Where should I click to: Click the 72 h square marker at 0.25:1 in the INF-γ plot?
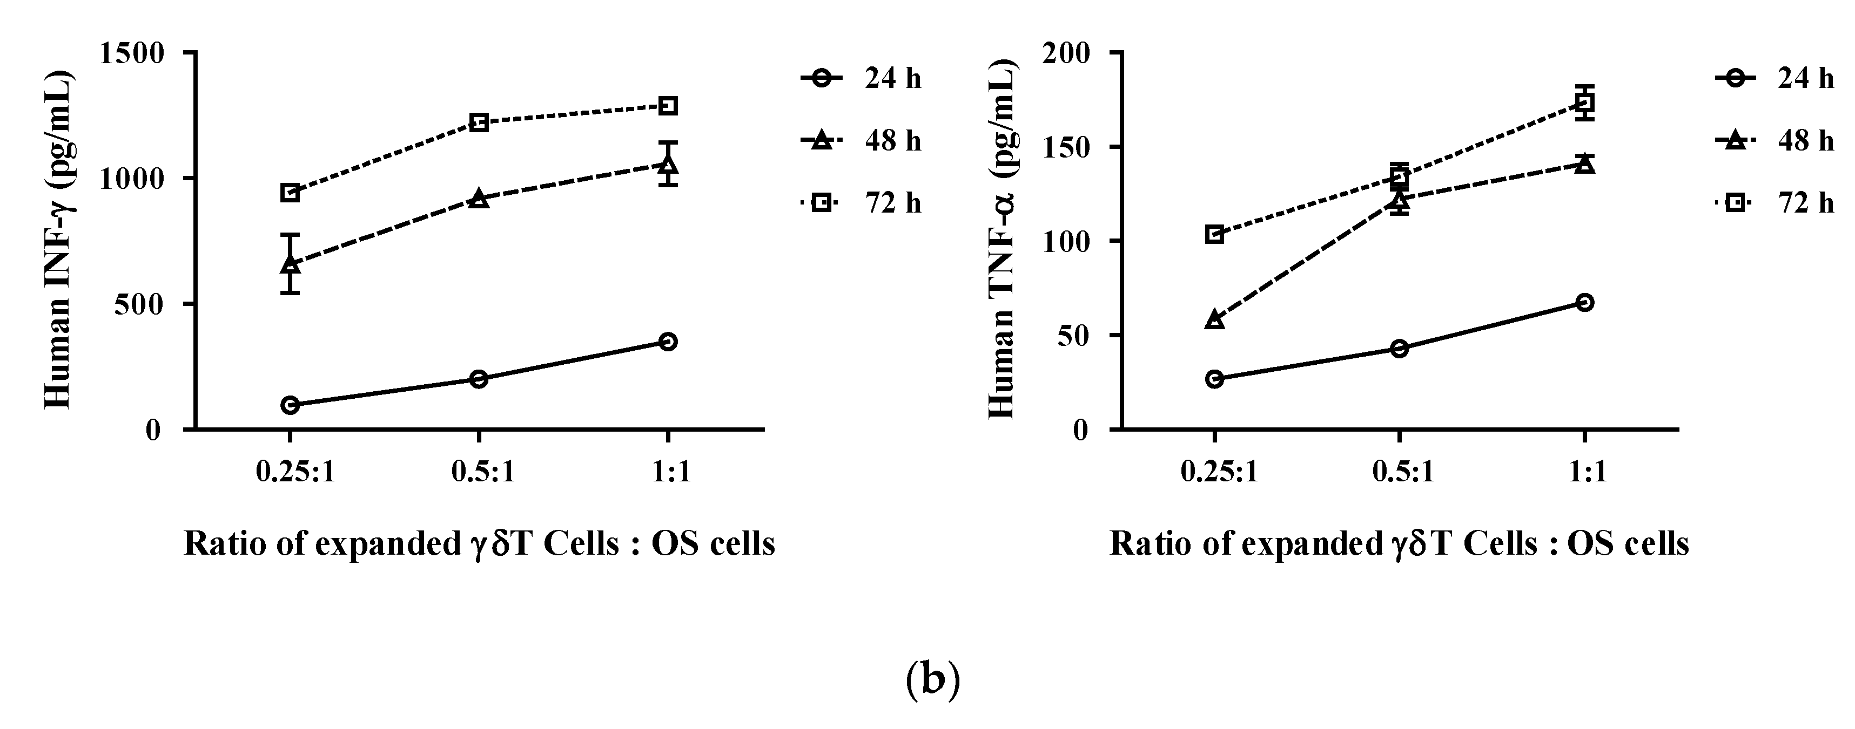click(290, 193)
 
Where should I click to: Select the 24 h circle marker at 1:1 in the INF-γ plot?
click(668, 341)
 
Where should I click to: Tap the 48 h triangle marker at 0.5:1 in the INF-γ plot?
click(479, 199)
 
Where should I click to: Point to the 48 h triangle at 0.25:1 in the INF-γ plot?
click(290, 264)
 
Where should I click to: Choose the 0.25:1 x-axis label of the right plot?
click(1219, 473)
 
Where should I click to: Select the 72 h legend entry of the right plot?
click(1775, 203)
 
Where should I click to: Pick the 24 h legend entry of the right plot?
click(1775, 78)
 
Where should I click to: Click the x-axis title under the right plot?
click(1399, 544)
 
